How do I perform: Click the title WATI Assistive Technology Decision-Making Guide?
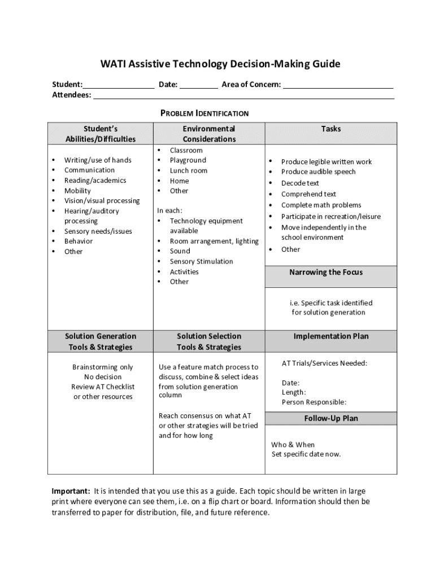click(220, 64)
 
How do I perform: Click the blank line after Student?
click(119, 86)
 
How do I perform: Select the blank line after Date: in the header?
click(199, 86)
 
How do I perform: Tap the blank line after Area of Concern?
click(338, 86)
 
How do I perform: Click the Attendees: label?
click(72, 95)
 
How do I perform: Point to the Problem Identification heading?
click(205, 113)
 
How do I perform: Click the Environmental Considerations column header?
click(208, 134)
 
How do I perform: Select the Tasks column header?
click(331, 129)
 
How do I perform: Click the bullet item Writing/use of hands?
click(98, 160)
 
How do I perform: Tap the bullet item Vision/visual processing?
click(102, 201)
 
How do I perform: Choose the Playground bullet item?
click(188, 160)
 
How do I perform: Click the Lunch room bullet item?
click(188, 170)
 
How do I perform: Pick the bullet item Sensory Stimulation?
click(201, 261)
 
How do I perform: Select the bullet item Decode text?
click(300, 183)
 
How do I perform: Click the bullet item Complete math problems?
click(321, 205)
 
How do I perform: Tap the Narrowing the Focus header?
click(326, 272)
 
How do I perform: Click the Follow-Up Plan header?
click(331, 418)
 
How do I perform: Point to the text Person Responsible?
click(314, 402)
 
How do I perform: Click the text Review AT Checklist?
click(103, 387)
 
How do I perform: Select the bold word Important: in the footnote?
click(71, 491)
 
